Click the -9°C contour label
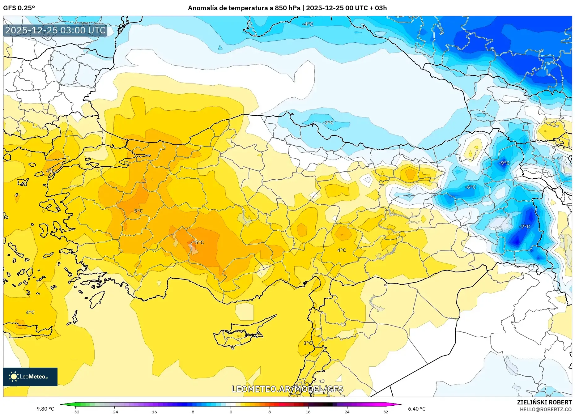tap(504, 163)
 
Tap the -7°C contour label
tap(525, 227)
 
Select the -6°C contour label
tap(470, 187)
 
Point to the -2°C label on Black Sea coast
tap(328, 123)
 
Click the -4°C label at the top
tap(308, 24)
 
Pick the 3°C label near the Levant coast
tap(308, 343)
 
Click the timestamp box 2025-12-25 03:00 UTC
tap(55, 30)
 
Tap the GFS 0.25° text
tap(19, 8)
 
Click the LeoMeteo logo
tap(30, 377)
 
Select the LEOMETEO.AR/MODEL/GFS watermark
tap(287, 389)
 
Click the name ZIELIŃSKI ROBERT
tap(544, 402)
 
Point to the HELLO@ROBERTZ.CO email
tap(545, 409)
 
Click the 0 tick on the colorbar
tap(231, 412)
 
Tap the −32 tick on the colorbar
tap(76, 412)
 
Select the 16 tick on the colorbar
tap(308, 412)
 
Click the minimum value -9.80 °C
tap(44, 409)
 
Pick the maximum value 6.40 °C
tap(416, 409)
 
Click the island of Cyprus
tap(240, 335)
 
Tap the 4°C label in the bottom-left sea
tap(30, 313)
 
